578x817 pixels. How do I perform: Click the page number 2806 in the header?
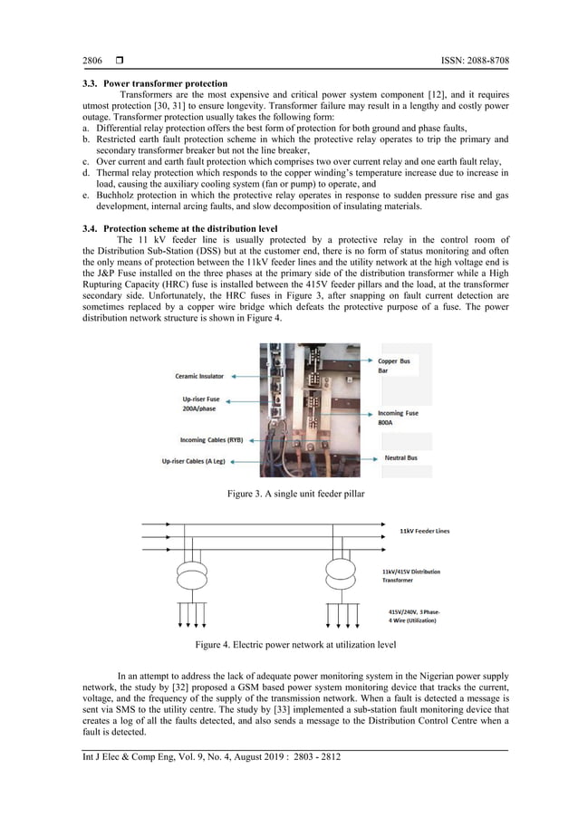point(92,61)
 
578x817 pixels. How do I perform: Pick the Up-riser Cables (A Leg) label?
point(182,462)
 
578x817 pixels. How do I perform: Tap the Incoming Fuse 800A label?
point(398,418)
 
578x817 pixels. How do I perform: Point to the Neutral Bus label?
point(400,458)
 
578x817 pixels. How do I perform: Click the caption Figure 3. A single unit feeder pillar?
point(288,494)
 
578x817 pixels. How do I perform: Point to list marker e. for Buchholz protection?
point(85,195)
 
